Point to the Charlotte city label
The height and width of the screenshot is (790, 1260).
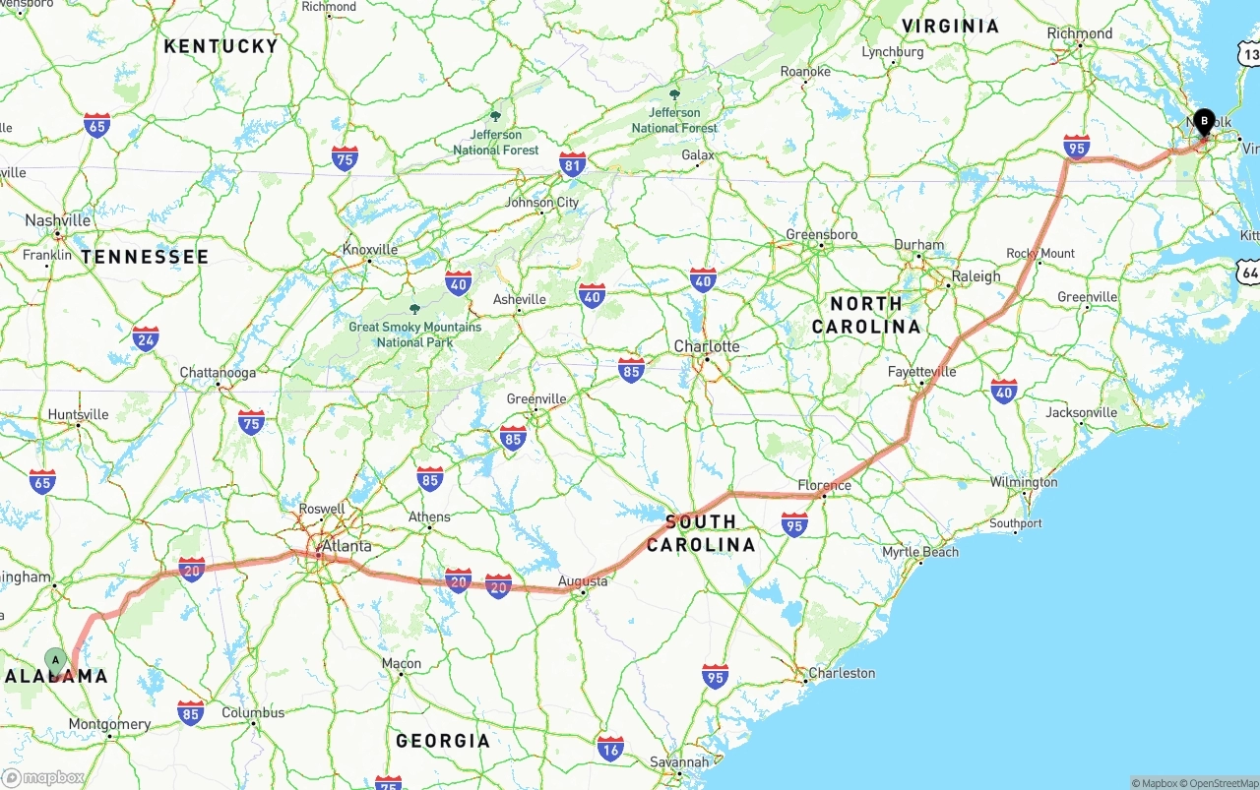coord(706,346)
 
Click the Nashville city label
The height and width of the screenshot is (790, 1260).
coord(57,220)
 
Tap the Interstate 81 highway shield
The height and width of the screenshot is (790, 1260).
coord(572,164)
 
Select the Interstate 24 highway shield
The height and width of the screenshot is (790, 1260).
coord(146,338)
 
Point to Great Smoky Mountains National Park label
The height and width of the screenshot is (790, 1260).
coord(414,334)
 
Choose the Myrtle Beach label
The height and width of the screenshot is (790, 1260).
coord(920,552)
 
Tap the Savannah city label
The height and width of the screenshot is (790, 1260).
coord(679,761)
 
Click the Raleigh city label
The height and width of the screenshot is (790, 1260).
coord(976,276)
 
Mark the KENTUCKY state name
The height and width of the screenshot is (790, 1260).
coord(220,46)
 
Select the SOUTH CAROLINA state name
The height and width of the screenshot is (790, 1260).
coord(701,533)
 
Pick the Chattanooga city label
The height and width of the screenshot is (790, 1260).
coord(218,373)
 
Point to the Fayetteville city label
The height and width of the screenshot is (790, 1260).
coord(921,372)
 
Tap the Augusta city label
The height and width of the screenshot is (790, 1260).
coord(583,581)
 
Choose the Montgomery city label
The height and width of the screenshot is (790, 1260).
coord(109,725)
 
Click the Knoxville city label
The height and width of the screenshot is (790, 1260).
coord(370,250)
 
